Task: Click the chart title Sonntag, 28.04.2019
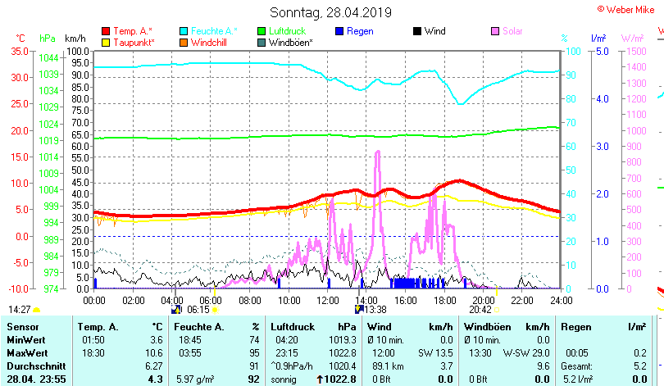[x=331, y=13]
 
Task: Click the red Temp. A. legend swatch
[x=106, y=31]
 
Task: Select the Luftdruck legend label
[x=286, y=31]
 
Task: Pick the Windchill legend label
[x=209, y=42]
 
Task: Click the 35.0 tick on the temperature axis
[x=19, y=51]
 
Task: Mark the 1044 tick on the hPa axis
[x=48, y=58]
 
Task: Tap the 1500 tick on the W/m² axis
[x=635, y=51]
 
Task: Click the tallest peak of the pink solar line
[x=377, y=152]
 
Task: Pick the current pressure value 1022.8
[x=340, y=379]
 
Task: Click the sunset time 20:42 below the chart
[x=480, y=310]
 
